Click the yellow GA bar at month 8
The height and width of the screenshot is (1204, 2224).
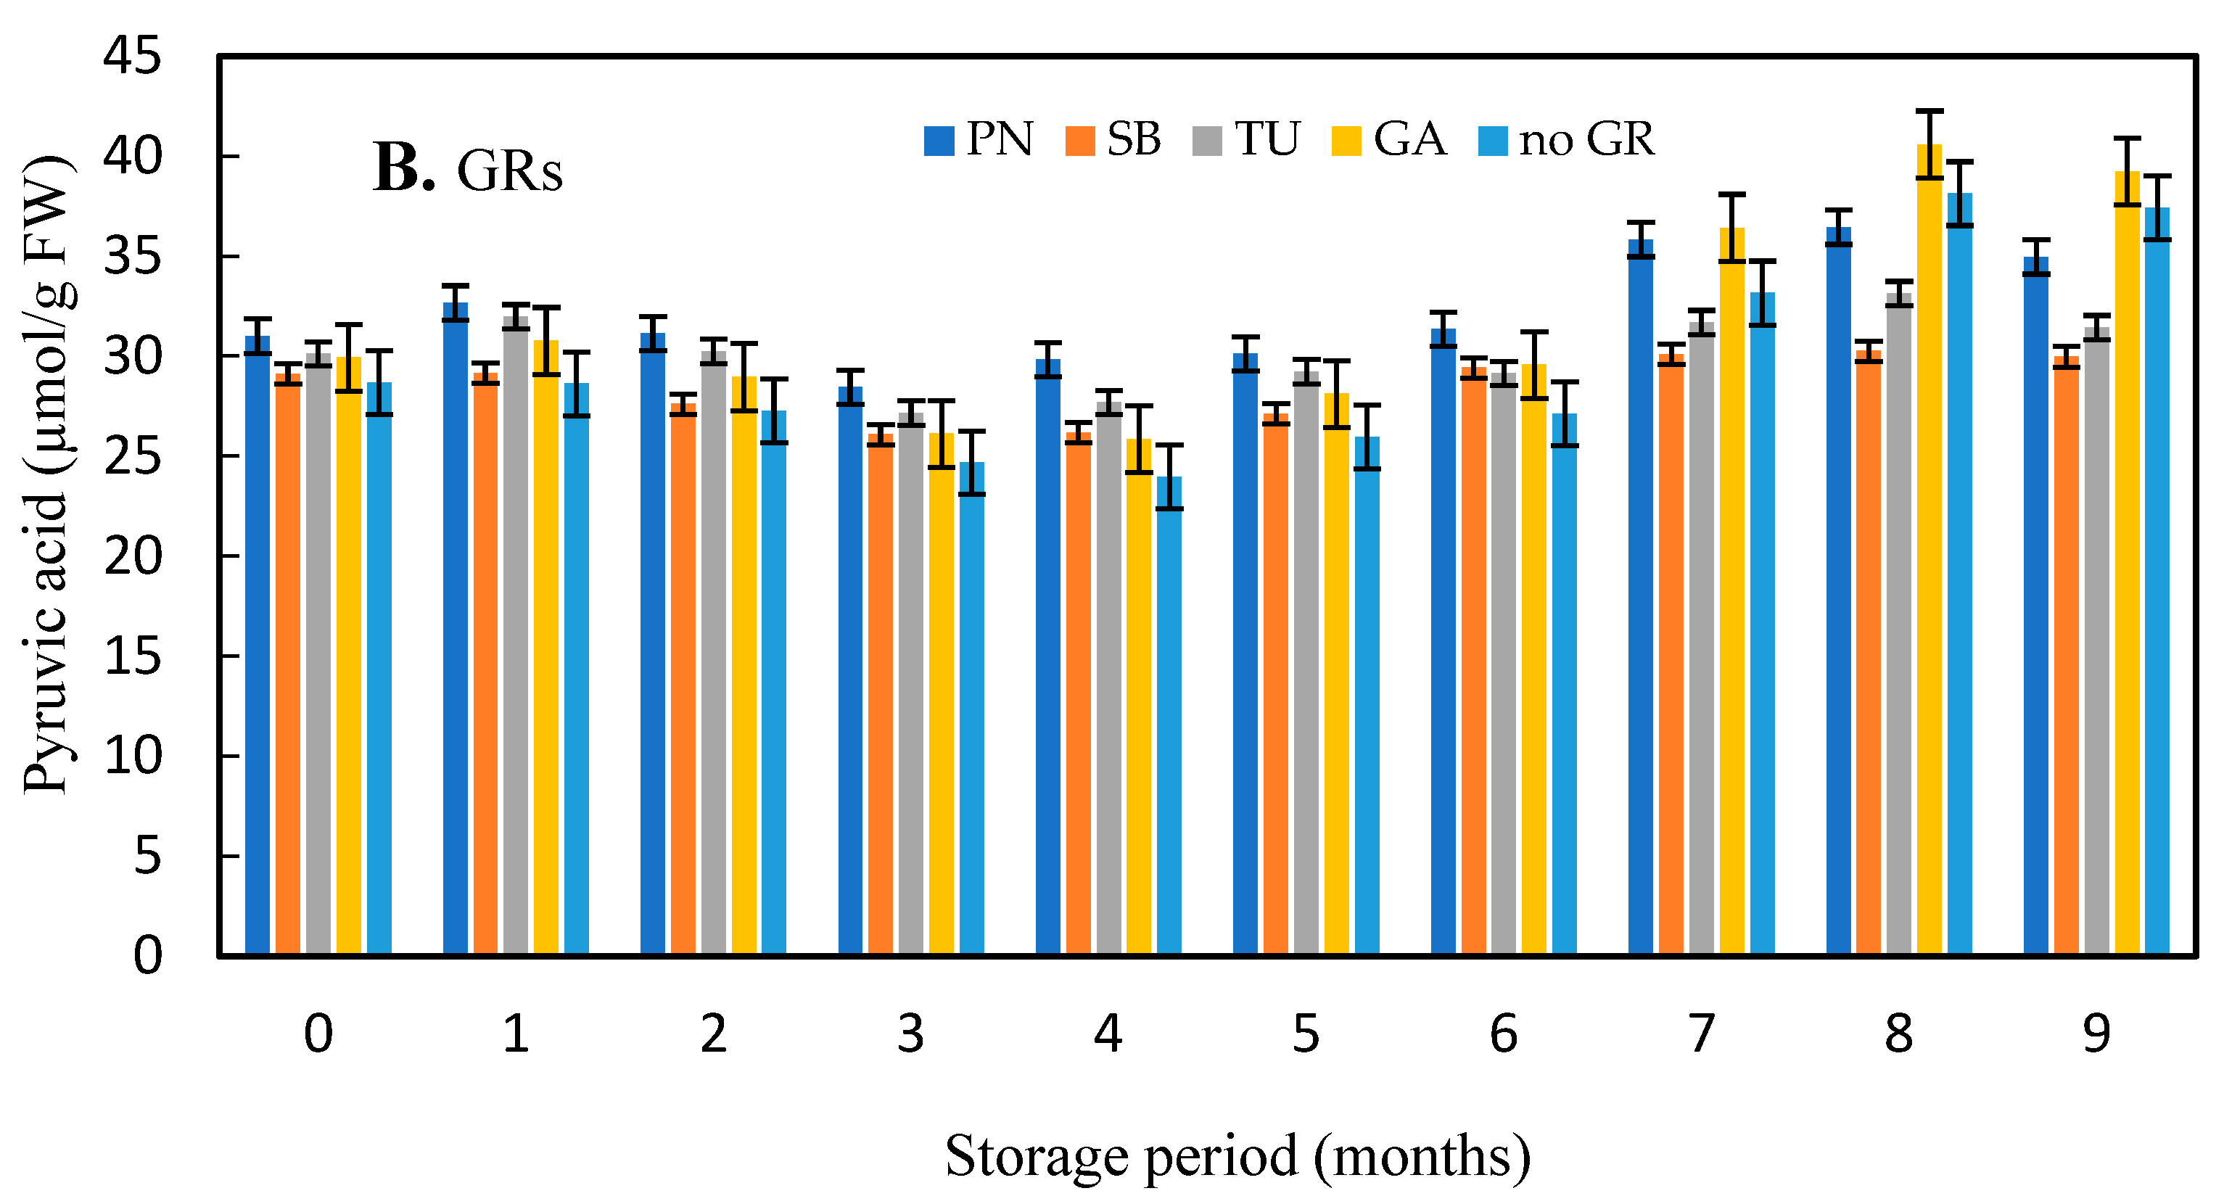1929,553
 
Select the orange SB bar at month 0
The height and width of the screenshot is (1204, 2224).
287,664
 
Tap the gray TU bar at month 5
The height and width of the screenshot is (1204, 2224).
1306,664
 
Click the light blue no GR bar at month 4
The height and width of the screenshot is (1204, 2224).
1169,717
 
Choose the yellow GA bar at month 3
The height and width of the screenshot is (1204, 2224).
941,690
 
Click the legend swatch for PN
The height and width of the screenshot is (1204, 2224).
939,141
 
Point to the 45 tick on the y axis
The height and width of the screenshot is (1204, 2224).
131,57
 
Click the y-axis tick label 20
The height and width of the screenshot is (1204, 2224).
131,557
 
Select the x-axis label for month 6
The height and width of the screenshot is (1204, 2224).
1503,1033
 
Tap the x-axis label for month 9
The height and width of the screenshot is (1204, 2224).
2096,1033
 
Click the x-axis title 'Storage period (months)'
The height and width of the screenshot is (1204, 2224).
1237,1155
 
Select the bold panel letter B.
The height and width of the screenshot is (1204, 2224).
403,168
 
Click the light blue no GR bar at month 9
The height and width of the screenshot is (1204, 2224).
2157,578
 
